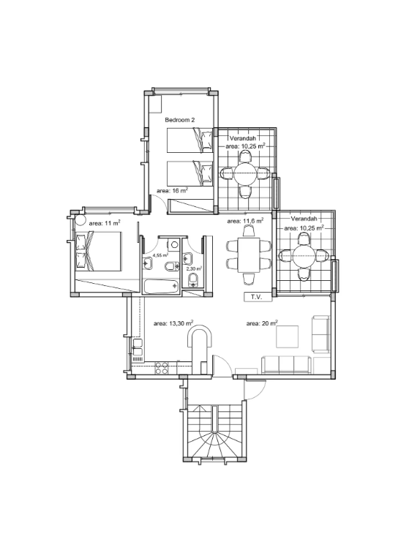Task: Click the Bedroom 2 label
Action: [x=179, y=119]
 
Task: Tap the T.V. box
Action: [x=257, y=297]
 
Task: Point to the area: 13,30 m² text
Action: [x=173, y=323]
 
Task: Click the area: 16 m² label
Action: [x=172, y=190]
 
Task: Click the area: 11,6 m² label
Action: [x=245, y=220]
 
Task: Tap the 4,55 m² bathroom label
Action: [x=160, y=255]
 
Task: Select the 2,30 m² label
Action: [x=194, y=268]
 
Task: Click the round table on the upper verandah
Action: [x=245, y=174]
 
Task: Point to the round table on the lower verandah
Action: [x=304, y=256]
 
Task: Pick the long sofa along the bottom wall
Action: [x=287, y=364]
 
